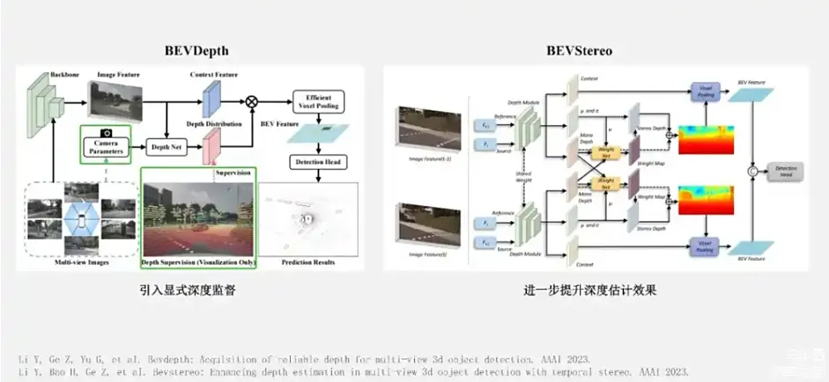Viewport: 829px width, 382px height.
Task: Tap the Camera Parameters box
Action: click(105, 147)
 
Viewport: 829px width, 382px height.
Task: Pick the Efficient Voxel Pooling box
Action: click(318, 101)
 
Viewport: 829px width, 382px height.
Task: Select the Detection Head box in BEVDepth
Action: click(318, 163)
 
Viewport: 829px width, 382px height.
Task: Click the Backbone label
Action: click(63, 74)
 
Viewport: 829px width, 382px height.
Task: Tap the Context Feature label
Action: click(215, 75)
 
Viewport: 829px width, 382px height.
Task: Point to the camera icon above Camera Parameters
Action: click(105, 132)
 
